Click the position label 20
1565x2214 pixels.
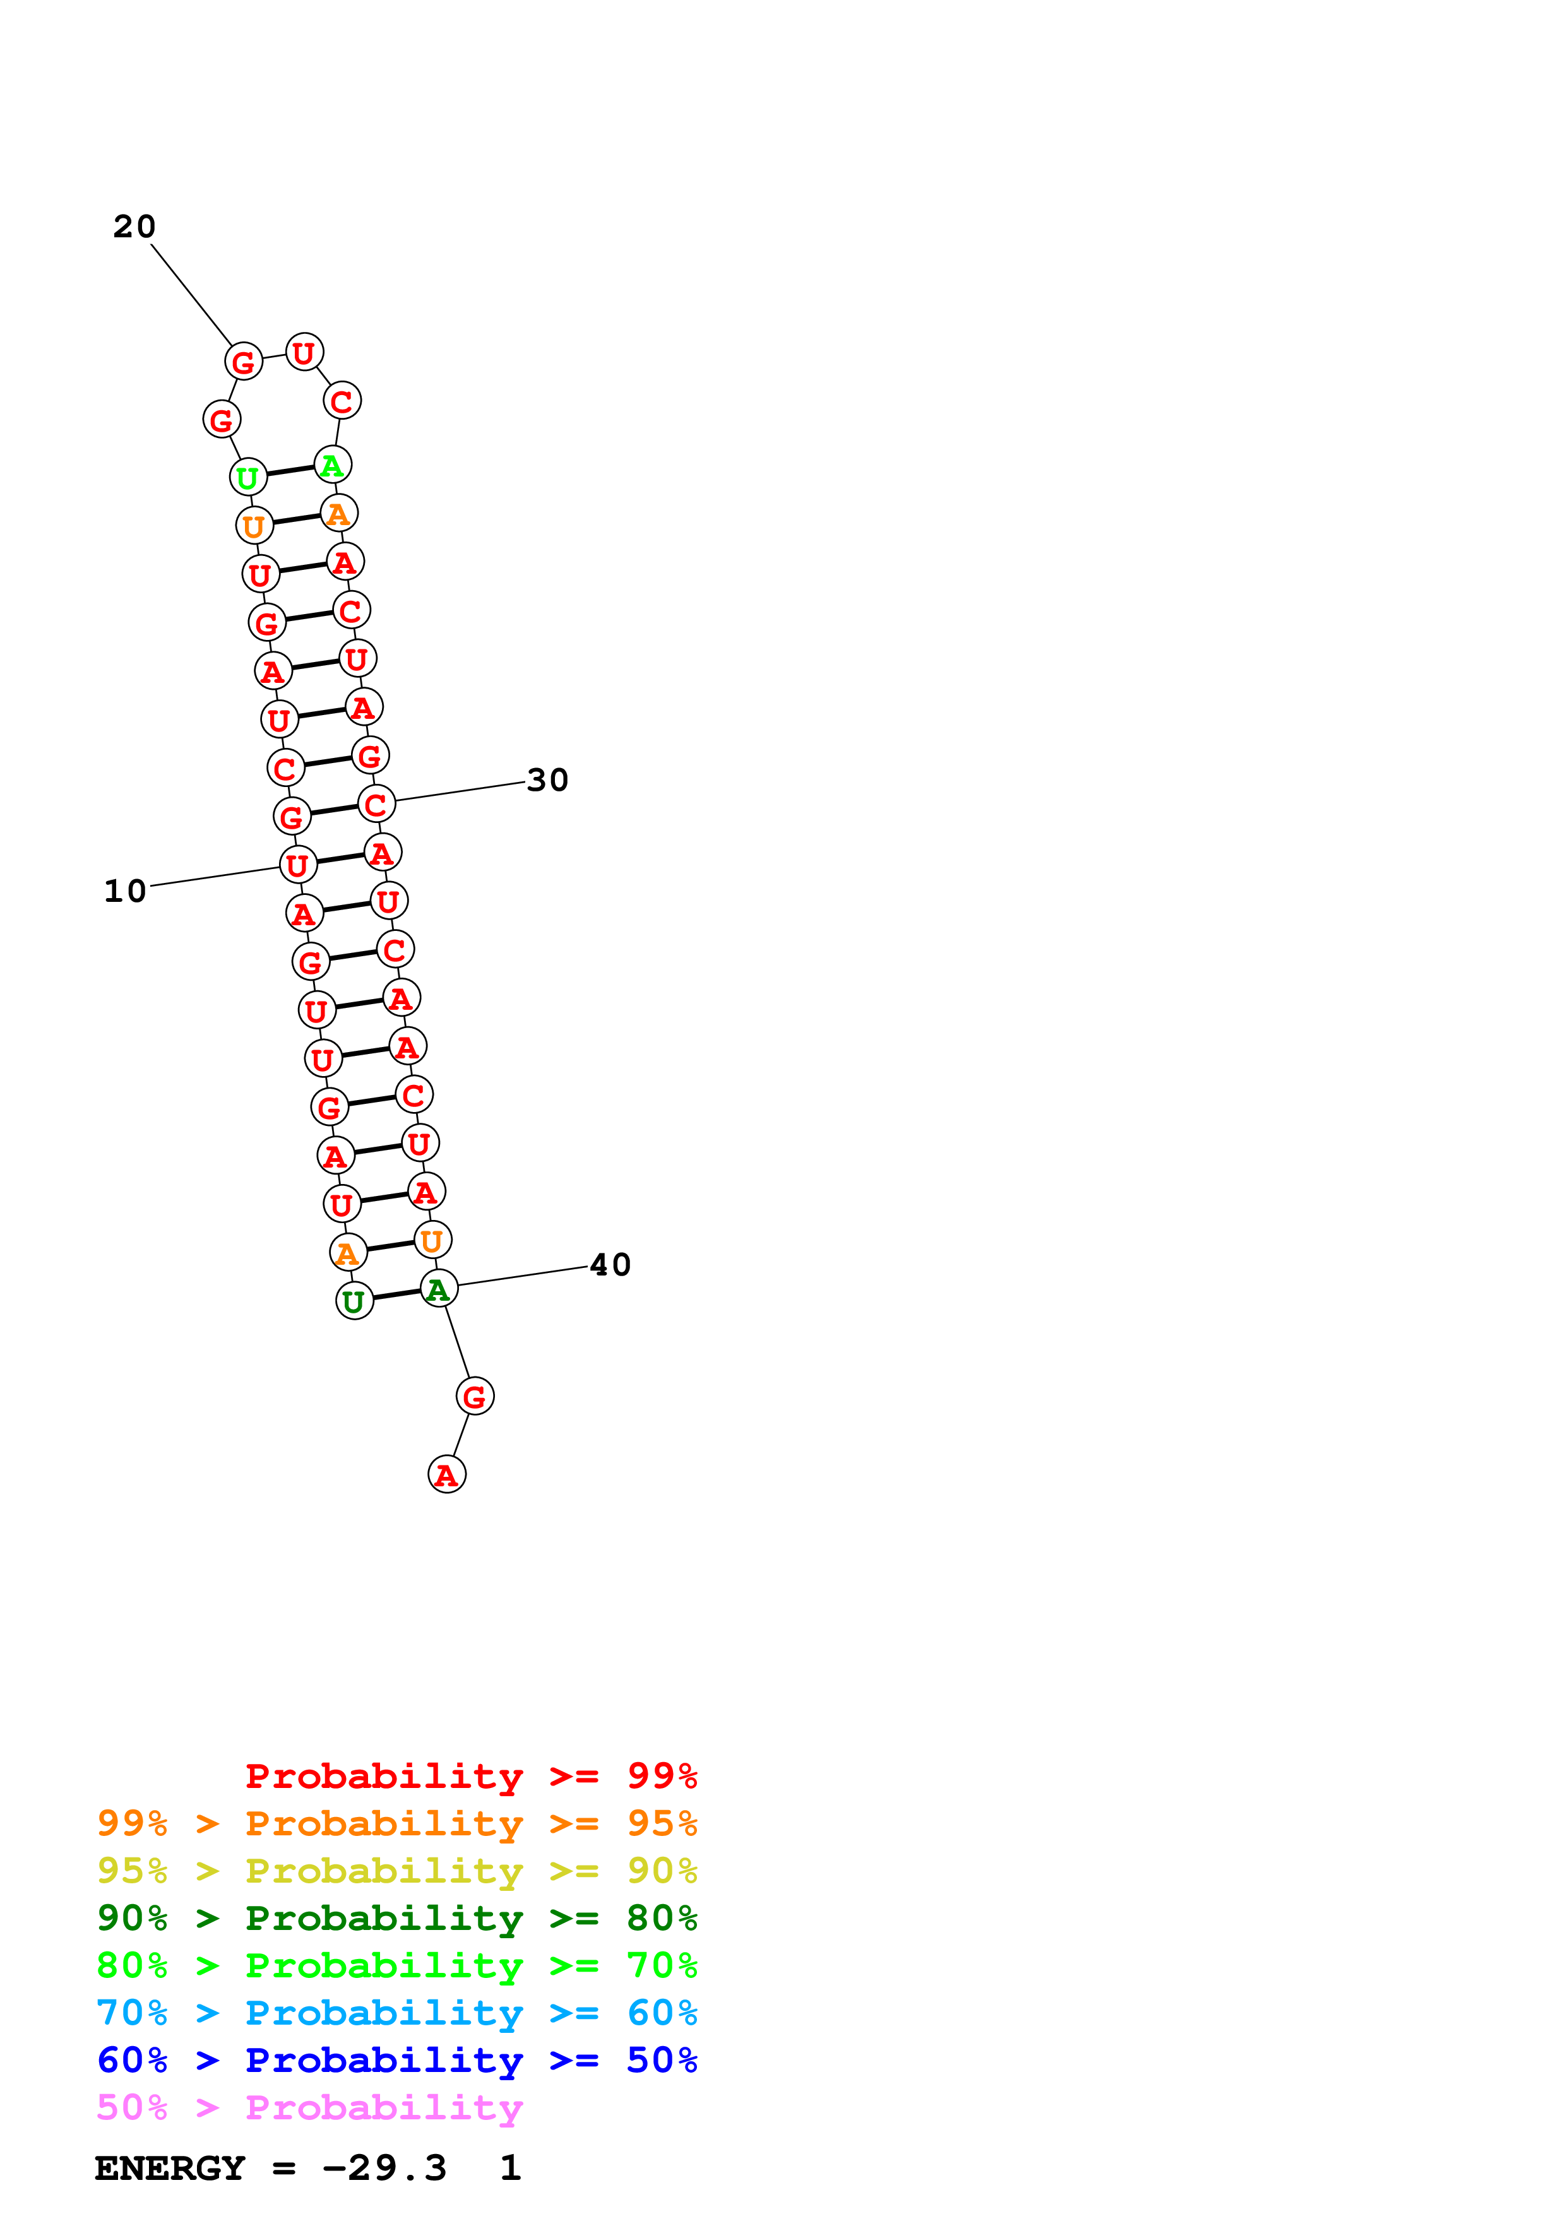(x=134, y=227)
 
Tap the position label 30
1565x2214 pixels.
(x=548, y=780)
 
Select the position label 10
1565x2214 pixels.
(x=126, y=891)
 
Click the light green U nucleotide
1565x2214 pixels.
(x=248, y=477)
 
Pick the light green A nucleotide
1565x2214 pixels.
(x=333, y=465)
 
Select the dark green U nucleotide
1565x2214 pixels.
(x=354, y=1301)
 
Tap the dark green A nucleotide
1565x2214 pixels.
(x=439, y=1289)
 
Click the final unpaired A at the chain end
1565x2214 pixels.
(x=446, y=1474)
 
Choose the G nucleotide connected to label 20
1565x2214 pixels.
(x=243, y=362)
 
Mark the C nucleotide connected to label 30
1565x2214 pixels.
(x=376, y=804)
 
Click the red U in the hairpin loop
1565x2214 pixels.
(x=304, y=353)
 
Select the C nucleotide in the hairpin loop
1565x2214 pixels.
(x=342, y=401)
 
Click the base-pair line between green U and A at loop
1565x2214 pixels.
(x=290, y=471)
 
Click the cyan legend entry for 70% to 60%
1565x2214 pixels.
(x=396, y=2013)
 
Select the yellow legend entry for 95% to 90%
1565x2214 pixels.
(x=396, y=1871)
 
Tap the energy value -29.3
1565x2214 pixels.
(x=384, y=2168)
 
